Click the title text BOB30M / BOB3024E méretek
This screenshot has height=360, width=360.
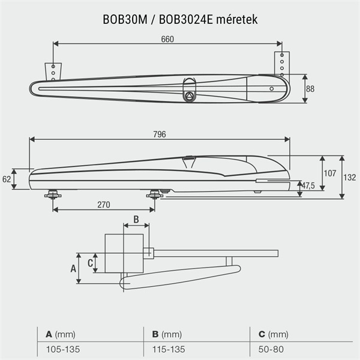tap(180, 20)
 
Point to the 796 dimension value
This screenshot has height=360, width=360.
tap(160, 134)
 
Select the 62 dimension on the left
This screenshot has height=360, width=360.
tap(7, 179)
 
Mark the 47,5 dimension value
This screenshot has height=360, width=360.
tap(308, 185)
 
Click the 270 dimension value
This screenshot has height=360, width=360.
tap(103, 205)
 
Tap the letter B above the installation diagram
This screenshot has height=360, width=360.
tap(136, 220)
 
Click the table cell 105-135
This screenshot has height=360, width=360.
tap(63, 349)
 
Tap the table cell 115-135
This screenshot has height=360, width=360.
tap(168, 349)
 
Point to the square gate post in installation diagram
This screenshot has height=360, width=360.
tap(124, 253)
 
